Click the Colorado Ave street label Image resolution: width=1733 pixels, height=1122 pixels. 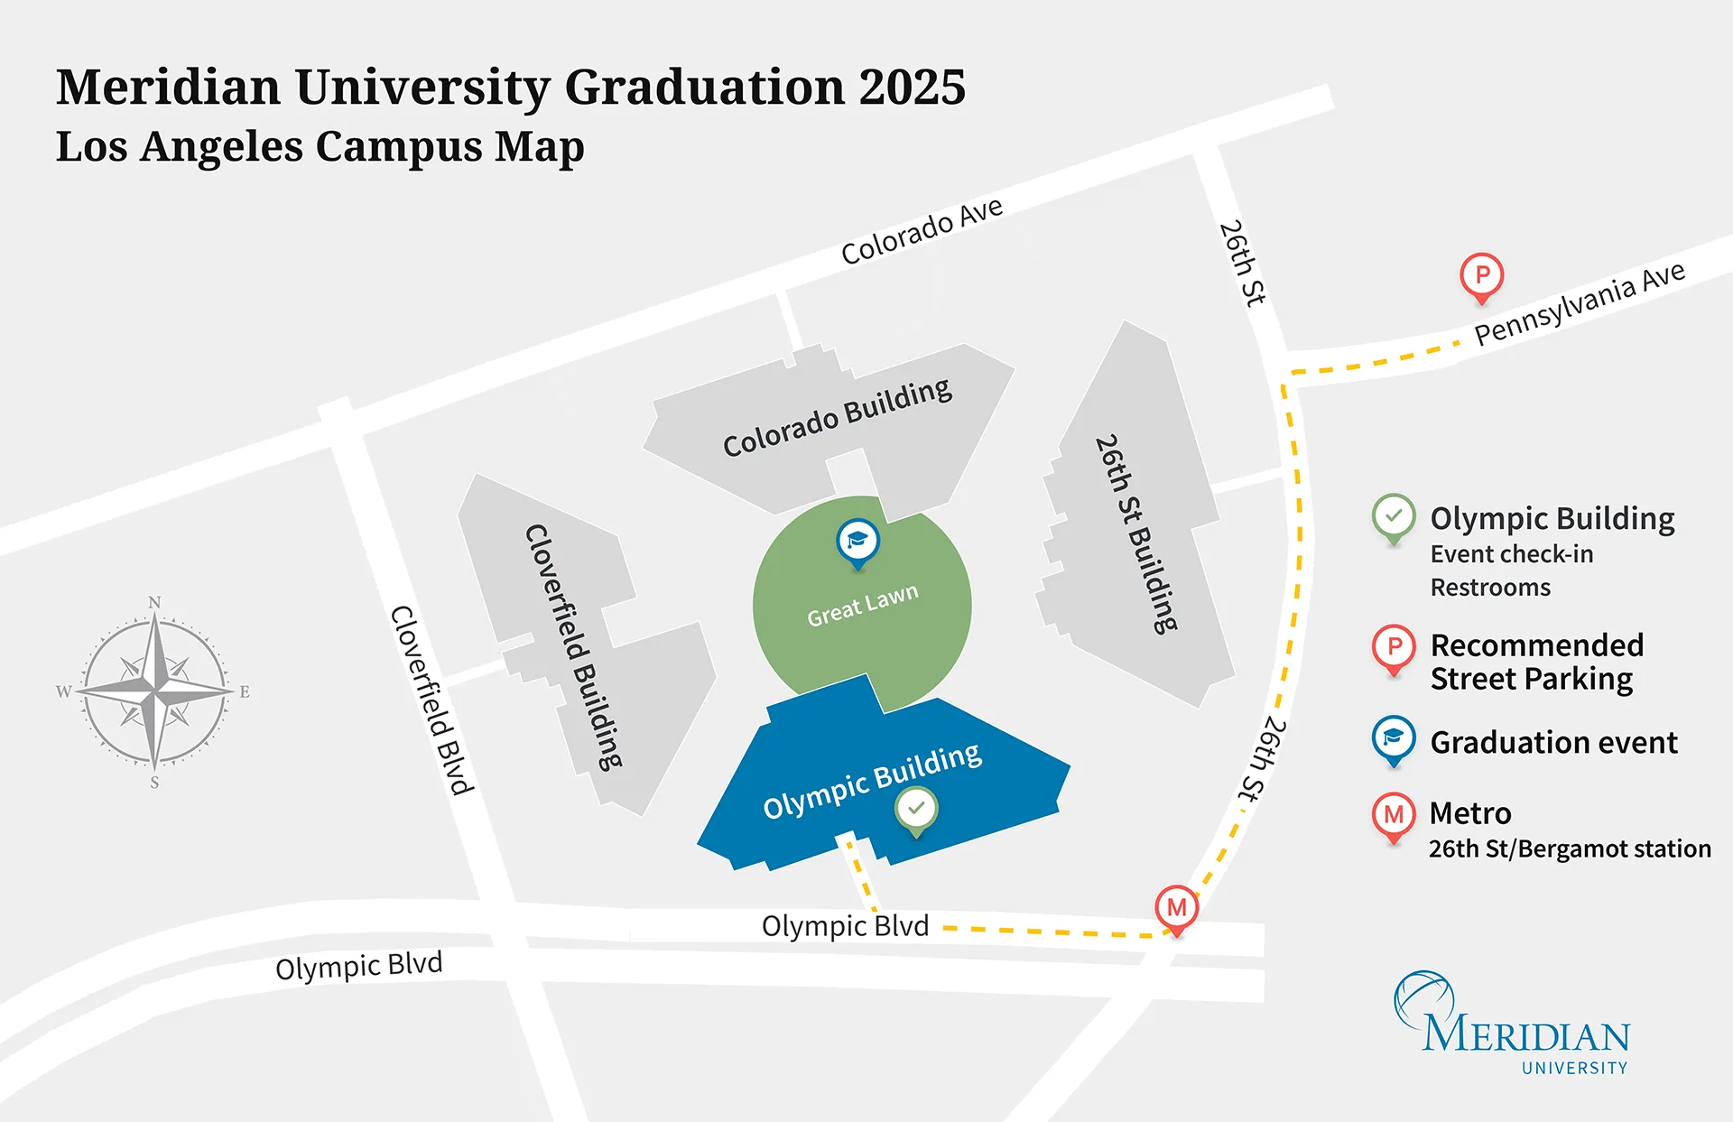[922, 232]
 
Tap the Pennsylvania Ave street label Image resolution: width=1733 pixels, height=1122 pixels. [1580, 302]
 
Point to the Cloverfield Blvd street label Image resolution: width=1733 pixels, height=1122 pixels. [431, 700]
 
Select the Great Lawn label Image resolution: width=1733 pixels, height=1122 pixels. [862, 604]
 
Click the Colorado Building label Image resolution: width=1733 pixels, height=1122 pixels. [837, 418]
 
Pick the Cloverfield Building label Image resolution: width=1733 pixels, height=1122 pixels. [574, 646]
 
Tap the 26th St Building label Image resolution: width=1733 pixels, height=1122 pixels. [1136, 534]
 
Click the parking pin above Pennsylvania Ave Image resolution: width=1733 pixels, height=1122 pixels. [1481, 274]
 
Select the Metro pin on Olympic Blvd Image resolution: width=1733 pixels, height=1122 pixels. [1176, 907]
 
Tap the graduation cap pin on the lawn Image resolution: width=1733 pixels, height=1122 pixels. [857, 541]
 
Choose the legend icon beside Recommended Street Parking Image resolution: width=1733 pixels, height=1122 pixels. [1394, 646]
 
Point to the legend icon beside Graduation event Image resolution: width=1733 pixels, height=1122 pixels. [1394, 738]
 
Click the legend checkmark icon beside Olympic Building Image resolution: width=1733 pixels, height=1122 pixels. [1394, 516]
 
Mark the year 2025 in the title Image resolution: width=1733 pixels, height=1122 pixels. [912, 88]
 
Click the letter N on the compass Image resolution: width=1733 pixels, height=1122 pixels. [154, 602]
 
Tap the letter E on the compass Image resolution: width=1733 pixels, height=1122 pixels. [245, 692]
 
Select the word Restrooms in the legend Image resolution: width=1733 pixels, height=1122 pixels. [1490, 588]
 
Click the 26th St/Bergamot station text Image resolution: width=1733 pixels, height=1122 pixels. [1570, 849]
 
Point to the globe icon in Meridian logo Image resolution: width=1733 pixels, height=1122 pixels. [1423, 997]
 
